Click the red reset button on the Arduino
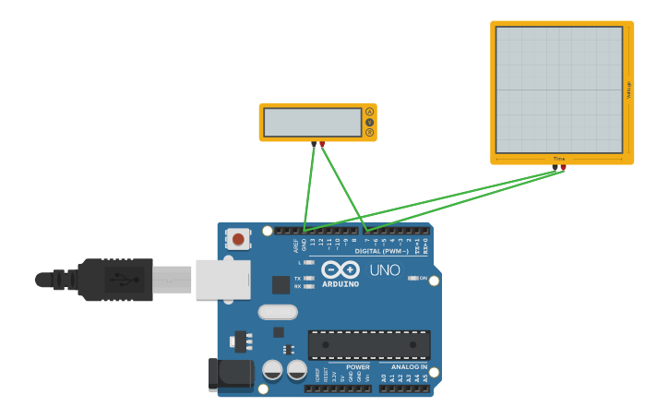[x=238, y=240]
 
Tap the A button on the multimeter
[x=370, y=112]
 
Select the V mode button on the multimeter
[x=370, y=122]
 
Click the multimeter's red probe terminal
[x=322, y=144]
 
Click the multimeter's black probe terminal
[x=315, y=144]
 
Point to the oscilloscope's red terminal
[x=563, y=168]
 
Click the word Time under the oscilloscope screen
[x=558, y=159]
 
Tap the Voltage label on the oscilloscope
[x=629, y=90]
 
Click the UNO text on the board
[x=385, y=270]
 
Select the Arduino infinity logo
[x=340, y=270]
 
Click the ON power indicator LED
[x=412, y=278]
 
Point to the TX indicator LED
[x=308, y=278]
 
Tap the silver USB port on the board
[x=222, y=279]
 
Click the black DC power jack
[x=231, y=374]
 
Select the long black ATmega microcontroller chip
[x=369, y=344]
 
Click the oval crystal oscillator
[x=277, y=312]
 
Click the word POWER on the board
[x=358, y=366]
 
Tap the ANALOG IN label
[x=402, y=366]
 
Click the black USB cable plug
[x=115, y=279]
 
